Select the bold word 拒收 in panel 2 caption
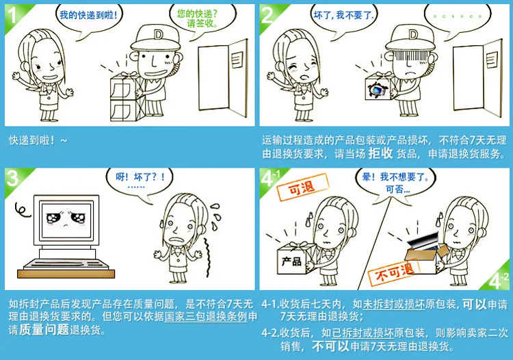(x=380, y=153)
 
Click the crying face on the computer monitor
(x=66, y=218)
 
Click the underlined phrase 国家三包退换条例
(x=206, y=316)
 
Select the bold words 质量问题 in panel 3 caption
(x=44, y=330)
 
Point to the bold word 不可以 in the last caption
(x=330, y=346)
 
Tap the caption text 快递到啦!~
(x=38, y=140)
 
